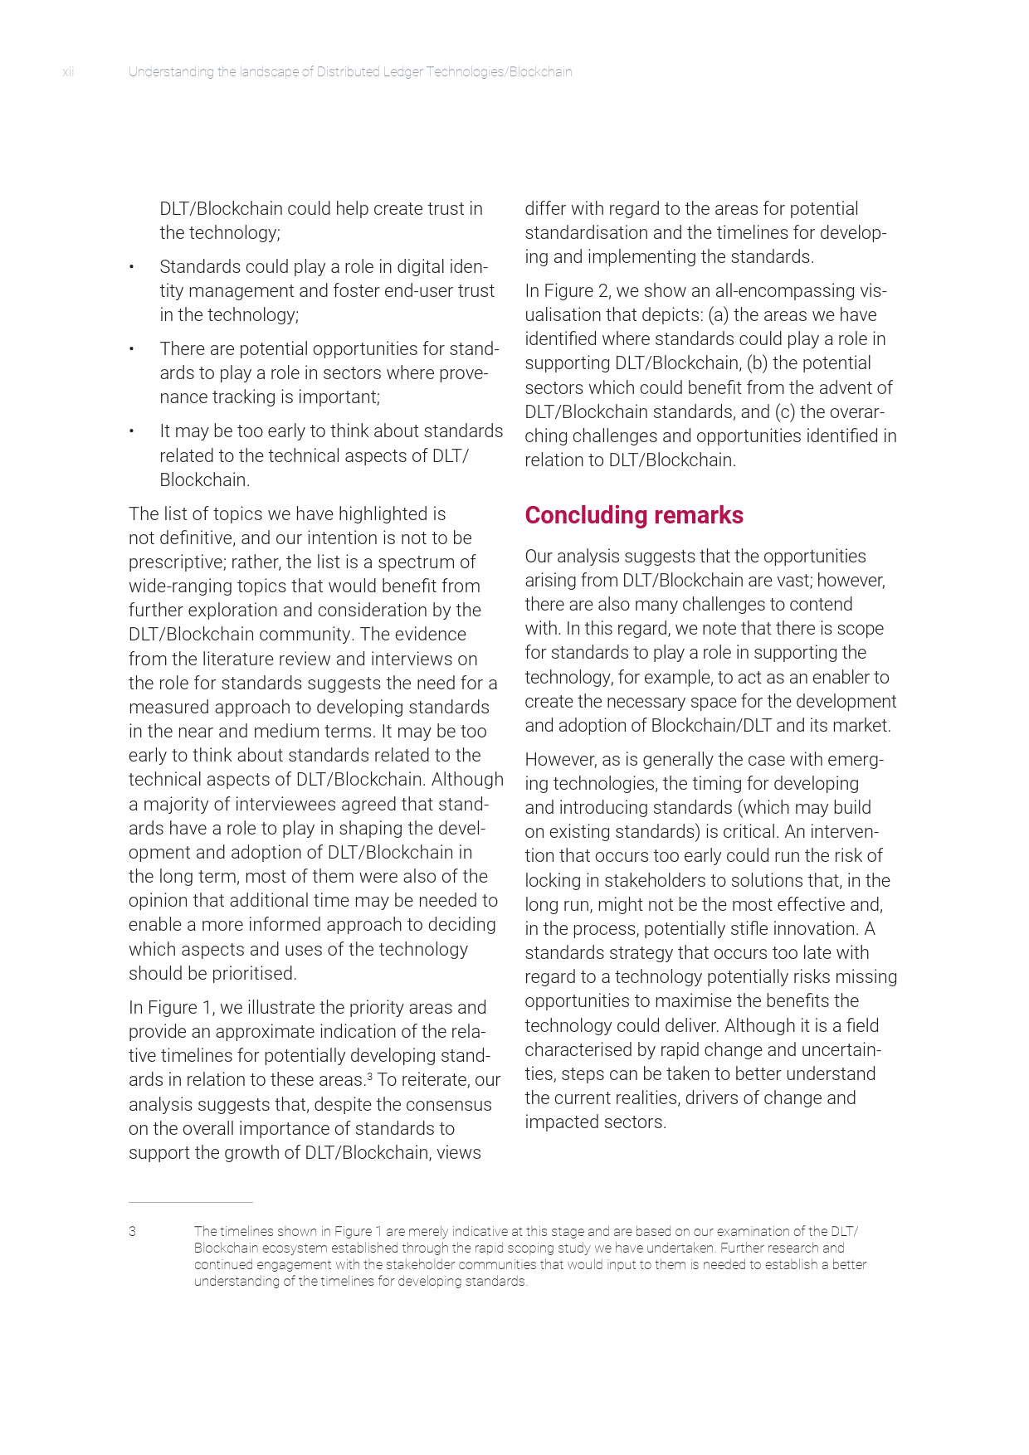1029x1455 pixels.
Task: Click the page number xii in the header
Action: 68,72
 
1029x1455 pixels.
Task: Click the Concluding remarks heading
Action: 634,515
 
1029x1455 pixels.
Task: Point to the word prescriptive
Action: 176,562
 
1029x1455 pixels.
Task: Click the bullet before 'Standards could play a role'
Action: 131,267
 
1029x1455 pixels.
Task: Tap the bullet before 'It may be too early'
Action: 131,431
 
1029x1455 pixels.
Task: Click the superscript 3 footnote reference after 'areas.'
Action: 369,1076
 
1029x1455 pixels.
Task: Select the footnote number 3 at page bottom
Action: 132,1232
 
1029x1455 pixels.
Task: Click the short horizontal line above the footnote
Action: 190,1202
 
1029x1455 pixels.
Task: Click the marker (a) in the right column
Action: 718,315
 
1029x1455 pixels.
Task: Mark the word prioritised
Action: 253,974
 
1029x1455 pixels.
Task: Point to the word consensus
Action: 447,1105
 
